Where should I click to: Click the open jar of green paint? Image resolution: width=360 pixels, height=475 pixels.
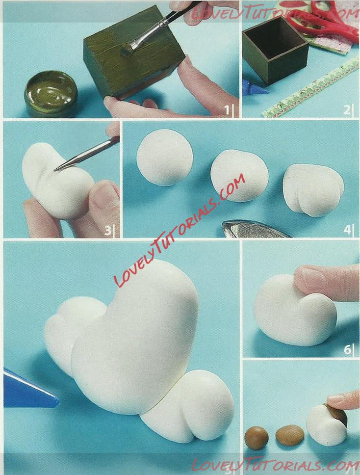[51, 94]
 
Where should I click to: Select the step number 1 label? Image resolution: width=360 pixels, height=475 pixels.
[227, 110]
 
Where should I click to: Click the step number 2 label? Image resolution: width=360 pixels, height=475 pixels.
[347, 110]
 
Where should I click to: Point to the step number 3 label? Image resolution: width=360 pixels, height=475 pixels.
[107, 231]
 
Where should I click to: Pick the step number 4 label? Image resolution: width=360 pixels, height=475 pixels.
[347, 230]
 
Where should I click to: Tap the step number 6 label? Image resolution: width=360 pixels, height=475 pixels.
[347, 350]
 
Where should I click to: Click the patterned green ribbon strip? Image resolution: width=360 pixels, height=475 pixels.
[312, 88]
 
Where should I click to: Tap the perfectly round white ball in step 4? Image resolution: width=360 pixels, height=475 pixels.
[165, 158]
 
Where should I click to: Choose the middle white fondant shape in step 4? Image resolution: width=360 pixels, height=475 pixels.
[239, 176]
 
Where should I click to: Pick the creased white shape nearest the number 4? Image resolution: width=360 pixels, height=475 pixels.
[313, 190]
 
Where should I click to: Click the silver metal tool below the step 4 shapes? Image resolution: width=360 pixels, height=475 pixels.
[255, 229]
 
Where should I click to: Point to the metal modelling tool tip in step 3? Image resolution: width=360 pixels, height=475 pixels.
[55, 170]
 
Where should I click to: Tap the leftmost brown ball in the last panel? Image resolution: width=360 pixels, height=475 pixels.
[257, 438]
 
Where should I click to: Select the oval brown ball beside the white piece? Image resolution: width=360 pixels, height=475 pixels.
[290, 435]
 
